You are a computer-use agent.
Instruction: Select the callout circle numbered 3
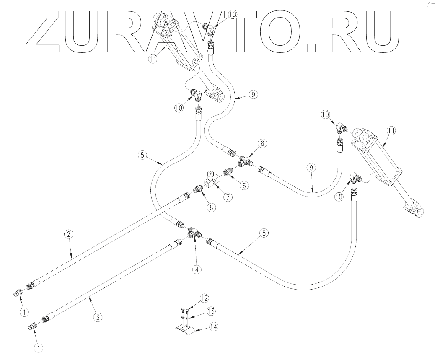tap(98, 317)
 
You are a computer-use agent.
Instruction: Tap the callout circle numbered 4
tap(196, 269)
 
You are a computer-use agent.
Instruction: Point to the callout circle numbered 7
tap(228, 197)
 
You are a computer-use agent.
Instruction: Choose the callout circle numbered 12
tap(204, 298)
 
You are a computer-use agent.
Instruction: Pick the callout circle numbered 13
tap(211, 311)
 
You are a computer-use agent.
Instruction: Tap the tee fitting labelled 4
tap(194, 233)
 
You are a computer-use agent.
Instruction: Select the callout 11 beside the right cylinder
tap(391, 131)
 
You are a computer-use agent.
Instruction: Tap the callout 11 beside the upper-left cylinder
tap(153, 59)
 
